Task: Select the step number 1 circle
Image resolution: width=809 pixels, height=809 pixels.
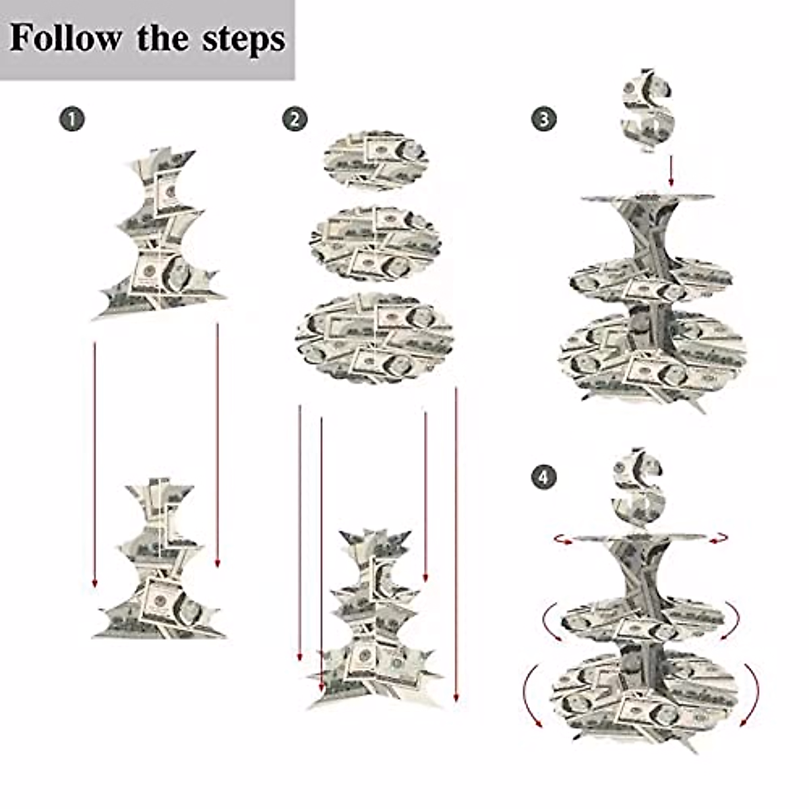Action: coord(72,120)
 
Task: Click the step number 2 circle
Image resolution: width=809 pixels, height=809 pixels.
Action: coord(295,120)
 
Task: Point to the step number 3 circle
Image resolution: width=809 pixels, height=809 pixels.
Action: coord(543,120)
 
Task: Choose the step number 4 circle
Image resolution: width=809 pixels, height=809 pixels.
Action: coord(543,478)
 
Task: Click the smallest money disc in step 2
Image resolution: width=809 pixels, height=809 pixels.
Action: coord(376,160)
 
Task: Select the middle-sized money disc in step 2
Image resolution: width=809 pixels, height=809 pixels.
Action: coord(376,243)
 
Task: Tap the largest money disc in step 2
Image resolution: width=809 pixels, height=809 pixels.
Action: coord(375,337)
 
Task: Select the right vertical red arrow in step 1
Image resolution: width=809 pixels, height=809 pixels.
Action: coord(217,445)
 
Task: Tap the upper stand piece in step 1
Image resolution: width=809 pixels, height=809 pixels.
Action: coord(162,233)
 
